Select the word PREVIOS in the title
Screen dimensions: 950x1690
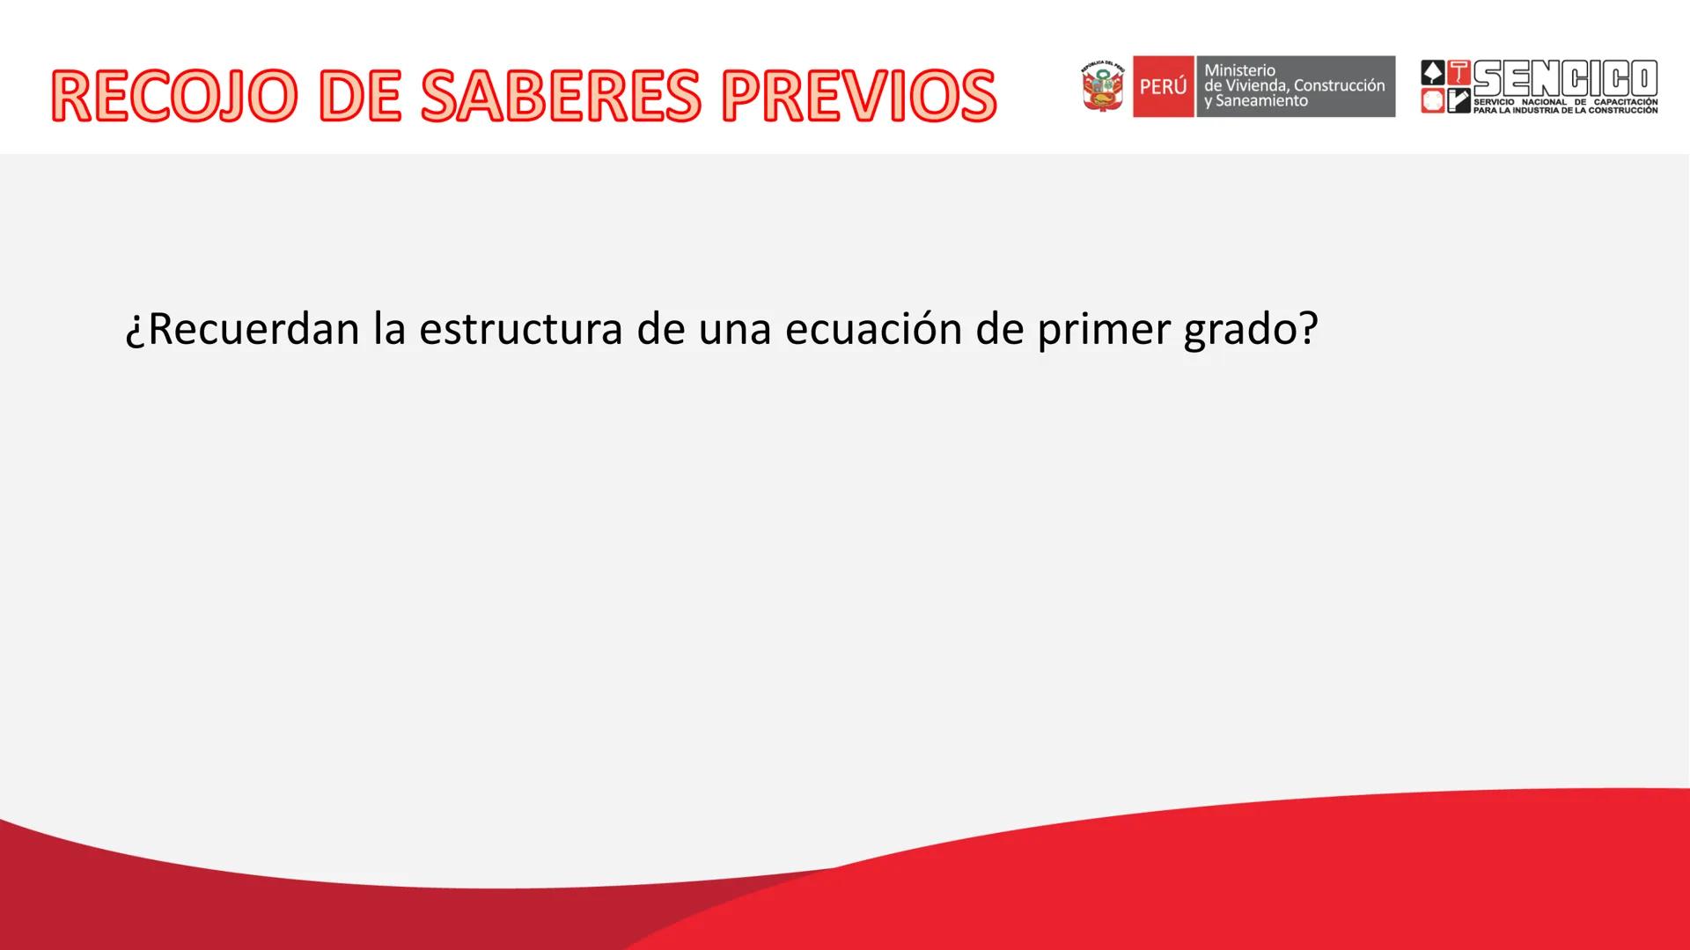pyautogui.click(x=858, y=95)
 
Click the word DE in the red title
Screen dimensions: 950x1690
pyautogui.click(x=358, y=95)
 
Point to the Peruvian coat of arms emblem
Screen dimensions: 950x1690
pyautogui.click(x=1103, y=86)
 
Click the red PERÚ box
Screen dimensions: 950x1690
pyautogui.click(x=1163, y=86)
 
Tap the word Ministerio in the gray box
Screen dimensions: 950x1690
pyautogui.click(x=1239, y=70)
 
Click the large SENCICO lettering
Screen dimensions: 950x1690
pyautogui.click(x=1565, y=79)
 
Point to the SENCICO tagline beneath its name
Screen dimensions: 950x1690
pyautogui.click(x=1565, y=106)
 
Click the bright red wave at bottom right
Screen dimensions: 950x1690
pyautogui.click(x=1320, y=880)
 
